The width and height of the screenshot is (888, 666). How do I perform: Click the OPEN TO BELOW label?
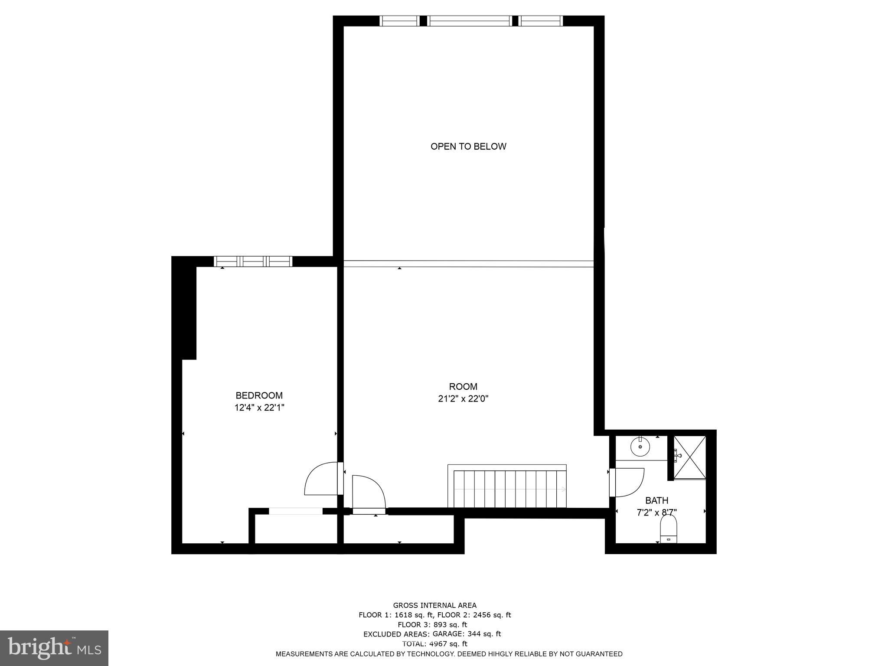coord(468,147)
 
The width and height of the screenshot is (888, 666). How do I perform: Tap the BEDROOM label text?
coord(259,395)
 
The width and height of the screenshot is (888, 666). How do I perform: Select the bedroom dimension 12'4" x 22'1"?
coord(259,408)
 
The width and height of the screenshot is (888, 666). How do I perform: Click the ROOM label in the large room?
coord(463,386)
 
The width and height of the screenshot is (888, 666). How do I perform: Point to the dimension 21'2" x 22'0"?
coord(463,398)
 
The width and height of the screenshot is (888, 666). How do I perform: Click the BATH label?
coord(656,500)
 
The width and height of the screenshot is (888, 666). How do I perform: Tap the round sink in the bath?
coord(640,447)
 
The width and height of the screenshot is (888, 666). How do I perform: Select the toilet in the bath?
coord(668,532)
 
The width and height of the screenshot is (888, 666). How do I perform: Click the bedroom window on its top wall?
coord(253,261)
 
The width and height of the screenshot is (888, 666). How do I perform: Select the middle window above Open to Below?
coord(470,21)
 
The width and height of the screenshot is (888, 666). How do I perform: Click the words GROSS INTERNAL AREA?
coord(434,605)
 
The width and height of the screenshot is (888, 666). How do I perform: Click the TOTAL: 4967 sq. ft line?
coord(434,643)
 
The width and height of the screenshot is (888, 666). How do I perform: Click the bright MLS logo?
coord(54,648)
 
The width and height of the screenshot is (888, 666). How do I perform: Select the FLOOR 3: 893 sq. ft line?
coord(432,624)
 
